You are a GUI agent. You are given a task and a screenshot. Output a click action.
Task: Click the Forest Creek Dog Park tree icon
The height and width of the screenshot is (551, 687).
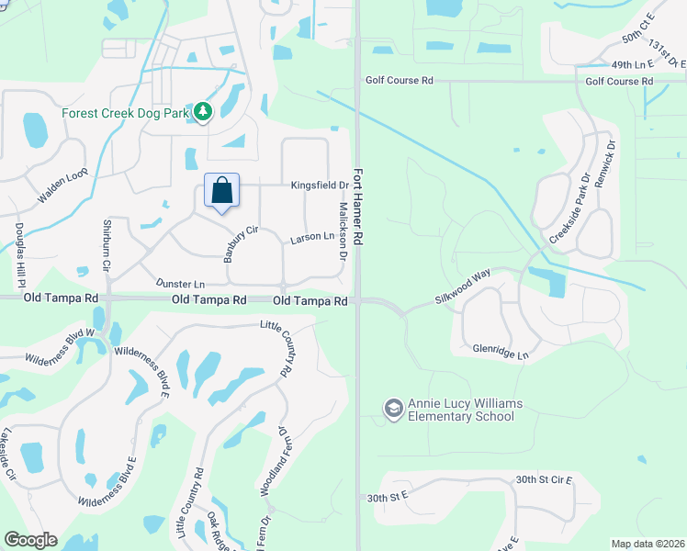coord(203,113)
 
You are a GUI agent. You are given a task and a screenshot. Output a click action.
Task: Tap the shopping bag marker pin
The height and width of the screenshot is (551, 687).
coord(221,192)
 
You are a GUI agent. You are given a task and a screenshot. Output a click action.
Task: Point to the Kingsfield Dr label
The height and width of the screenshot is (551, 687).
coord(321,186)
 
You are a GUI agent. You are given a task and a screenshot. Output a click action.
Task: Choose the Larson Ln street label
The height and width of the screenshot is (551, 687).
coord(311,238)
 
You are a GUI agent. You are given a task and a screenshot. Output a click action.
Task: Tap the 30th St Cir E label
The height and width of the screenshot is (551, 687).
coord(544,480)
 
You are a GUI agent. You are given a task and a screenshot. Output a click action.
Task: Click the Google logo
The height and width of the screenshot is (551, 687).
coord(30,540)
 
